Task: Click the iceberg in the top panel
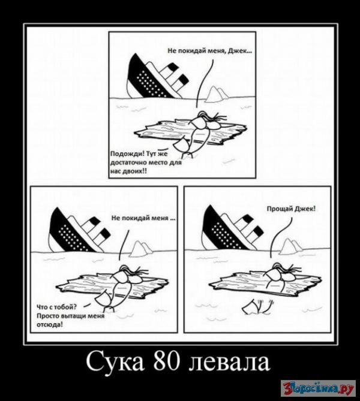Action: point(216,94)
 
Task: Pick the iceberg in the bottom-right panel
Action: point(291,246)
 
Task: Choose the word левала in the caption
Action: point(229,363)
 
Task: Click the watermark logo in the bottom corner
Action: point(318,388)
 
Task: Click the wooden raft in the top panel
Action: point(190,132)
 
